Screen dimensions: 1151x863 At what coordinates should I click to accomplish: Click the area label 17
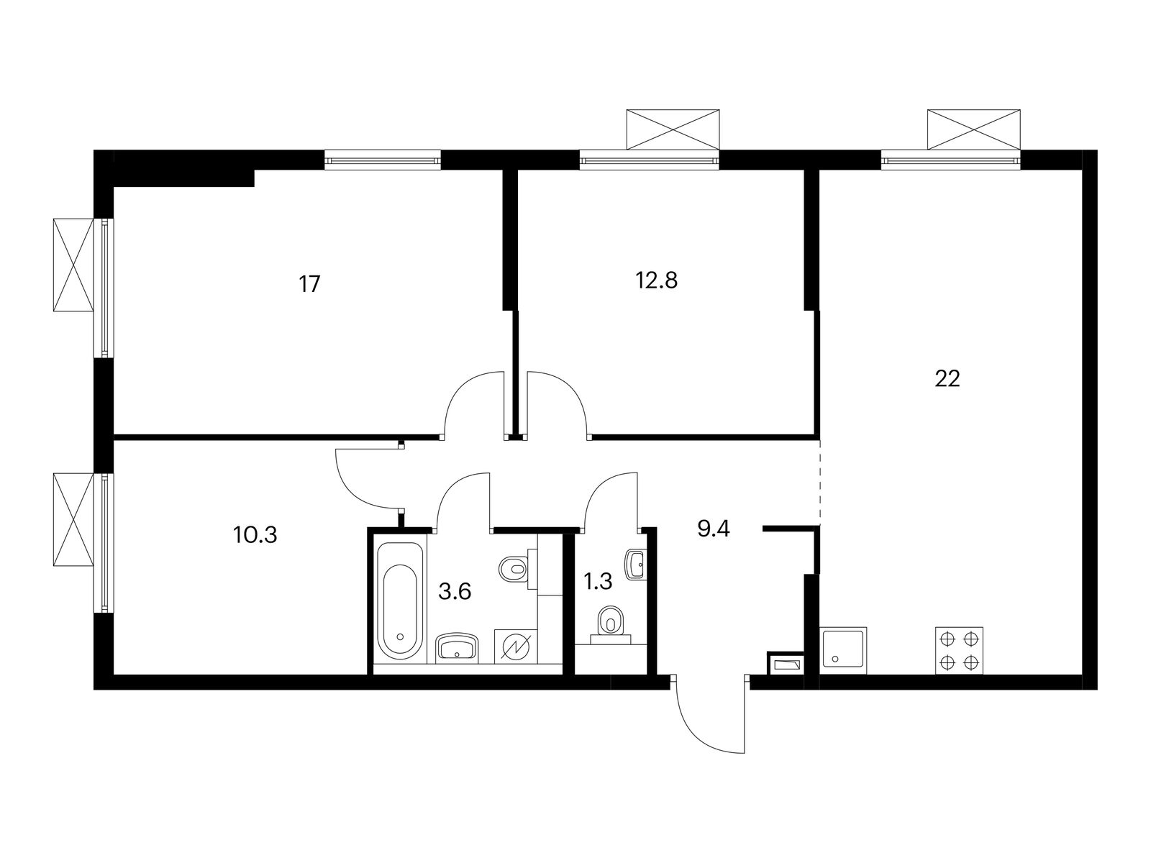tap(309, 285)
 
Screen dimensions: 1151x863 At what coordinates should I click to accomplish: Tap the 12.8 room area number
tap(657, 281)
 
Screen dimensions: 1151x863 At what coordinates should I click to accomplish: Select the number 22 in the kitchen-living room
tap(947, 379)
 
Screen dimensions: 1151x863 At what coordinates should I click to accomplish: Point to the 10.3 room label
tap(255, 535)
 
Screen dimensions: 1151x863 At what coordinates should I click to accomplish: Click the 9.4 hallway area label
tap(713, 529)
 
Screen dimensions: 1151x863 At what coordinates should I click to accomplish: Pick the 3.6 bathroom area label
tap(455, 592)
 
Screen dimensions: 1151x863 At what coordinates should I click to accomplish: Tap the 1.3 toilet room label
tap(598, 582)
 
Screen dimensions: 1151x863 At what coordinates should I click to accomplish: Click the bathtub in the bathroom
tap(400, 601)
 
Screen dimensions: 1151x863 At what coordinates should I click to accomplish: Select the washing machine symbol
tap(516, 647)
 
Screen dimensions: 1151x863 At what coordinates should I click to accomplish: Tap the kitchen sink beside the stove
tap(845, 650)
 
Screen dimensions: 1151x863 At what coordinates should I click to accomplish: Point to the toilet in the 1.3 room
tap(610, 624)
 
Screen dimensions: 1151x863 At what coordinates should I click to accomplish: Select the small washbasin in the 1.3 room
tap(636, 565)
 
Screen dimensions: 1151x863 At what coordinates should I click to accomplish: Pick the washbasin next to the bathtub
tap(458, 648)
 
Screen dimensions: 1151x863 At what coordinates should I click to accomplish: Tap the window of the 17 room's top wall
tap(382, 160)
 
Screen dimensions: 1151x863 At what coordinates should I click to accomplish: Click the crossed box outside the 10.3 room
tap(73, 519)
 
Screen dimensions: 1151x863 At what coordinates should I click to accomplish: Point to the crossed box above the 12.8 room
tap(673, 129)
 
